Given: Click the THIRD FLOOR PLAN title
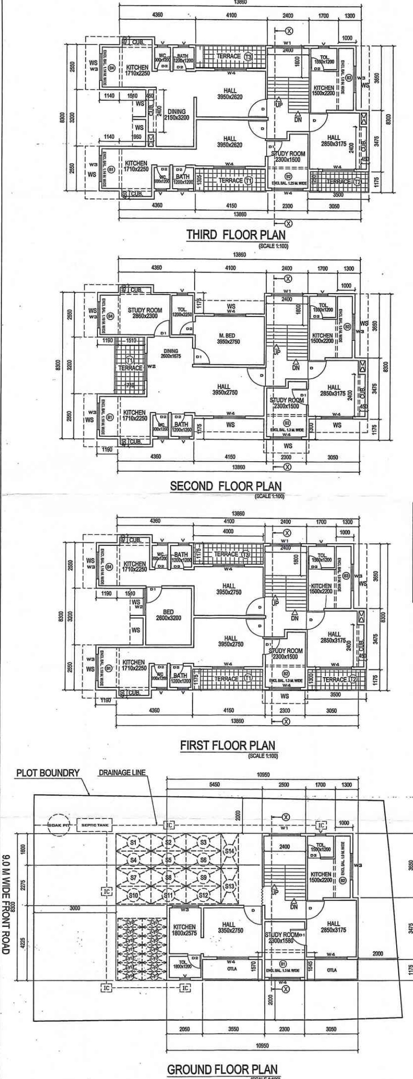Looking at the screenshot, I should [x=235, y=235].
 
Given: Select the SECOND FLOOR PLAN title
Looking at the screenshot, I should [x=226, y=486].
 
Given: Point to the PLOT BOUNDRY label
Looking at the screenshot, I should [x=48, y=773].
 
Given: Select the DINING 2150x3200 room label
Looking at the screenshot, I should [x=174, y=114].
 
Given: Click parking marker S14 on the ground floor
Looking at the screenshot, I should [x=229, y=850].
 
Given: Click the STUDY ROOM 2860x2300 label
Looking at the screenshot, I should [x=144, y=313].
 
